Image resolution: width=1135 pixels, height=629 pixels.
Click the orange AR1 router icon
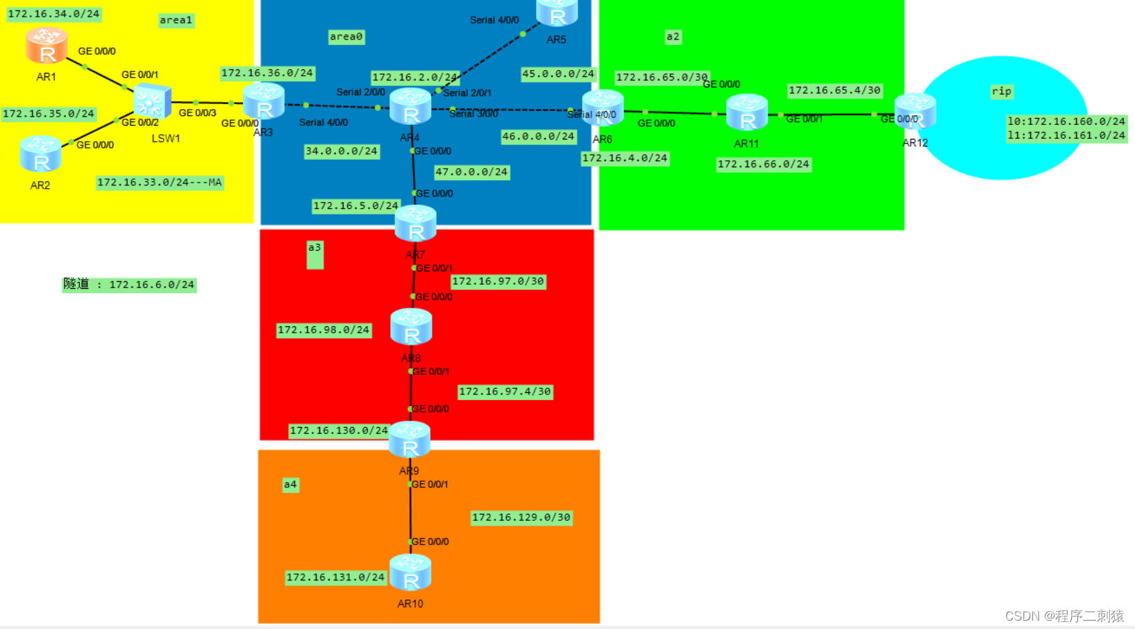[47, 46]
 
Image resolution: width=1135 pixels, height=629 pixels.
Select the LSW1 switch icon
[152, 101]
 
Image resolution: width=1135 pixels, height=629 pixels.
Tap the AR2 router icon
[41, 154]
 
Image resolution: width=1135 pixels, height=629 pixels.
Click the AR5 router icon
[557, 12]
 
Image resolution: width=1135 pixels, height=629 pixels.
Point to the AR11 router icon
[747, 112]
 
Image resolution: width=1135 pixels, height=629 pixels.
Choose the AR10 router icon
[410, 573]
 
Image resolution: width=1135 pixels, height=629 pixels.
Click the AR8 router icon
[411, 327]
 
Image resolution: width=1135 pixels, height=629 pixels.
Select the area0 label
[346, 37]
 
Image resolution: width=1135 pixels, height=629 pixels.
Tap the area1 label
[176, 20]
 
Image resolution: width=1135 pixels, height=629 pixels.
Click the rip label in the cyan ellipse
[1001, 91]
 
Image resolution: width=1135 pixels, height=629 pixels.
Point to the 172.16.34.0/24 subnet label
[53, 14]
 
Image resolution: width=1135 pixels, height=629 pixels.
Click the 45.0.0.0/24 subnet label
[558, 74]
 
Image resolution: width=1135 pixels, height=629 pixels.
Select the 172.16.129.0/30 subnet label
[521, 517]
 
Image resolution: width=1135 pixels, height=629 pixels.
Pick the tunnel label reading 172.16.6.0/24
[129, 285]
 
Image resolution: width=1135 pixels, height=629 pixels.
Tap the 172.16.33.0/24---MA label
[160, 183]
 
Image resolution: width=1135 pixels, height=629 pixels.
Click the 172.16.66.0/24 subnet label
[763, 165]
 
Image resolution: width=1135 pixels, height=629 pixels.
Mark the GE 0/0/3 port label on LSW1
[197, 112]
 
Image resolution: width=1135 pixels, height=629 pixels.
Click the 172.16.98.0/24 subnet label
[323, 330]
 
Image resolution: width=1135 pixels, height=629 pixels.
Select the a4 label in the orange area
[290, 485]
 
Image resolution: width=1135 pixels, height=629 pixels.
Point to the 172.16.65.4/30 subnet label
[834, 90]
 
